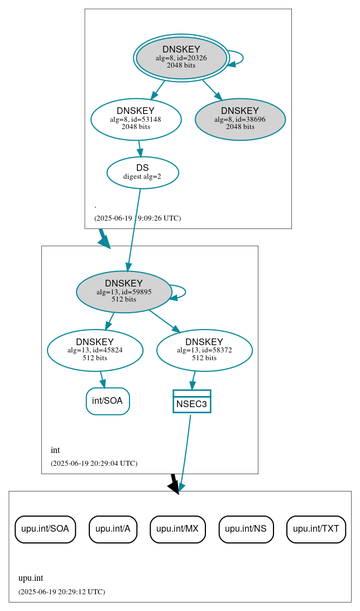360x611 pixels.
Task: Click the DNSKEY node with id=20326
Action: point(181,58)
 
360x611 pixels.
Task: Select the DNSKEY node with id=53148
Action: point(136,119)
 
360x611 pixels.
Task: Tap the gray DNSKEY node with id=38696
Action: point(240,119)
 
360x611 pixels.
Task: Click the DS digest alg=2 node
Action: point(142,172)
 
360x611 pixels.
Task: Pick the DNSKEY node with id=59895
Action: point(124,292)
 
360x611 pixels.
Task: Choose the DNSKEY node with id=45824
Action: point(95,350)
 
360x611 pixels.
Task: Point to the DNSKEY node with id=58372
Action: point(204,350)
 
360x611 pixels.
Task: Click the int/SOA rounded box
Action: point(108,401)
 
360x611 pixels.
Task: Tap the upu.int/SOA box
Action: point(45,529)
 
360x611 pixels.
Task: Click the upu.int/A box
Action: point(113,529)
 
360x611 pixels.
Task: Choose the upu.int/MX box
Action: point(177,529)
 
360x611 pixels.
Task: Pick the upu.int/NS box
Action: point(246,529)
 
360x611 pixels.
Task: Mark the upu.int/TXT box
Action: point(316,529)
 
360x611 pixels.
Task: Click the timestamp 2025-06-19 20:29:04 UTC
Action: point(94,464)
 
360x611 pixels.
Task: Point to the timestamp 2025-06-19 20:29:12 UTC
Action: point(61,592)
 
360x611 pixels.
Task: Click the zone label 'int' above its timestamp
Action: point(55,450)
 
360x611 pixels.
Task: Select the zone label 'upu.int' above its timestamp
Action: point(31,579)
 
